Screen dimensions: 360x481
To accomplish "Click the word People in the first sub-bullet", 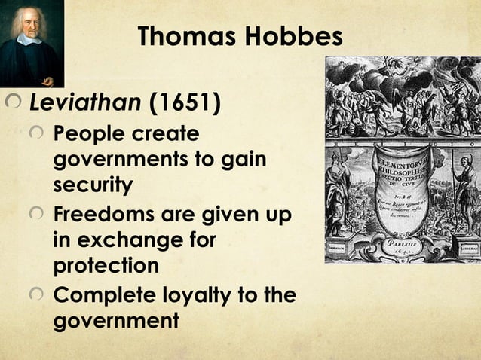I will click(88, 136).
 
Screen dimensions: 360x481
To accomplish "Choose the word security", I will click(93, 185).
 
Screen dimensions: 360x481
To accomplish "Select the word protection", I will click(106, 266).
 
